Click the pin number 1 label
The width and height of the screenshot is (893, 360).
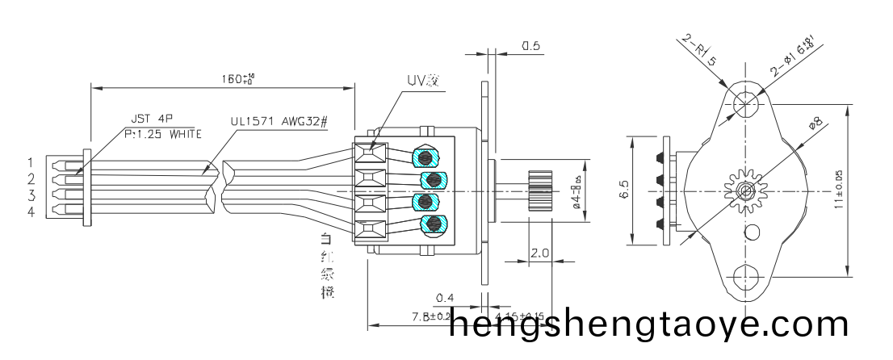31,163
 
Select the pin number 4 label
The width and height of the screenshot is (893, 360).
31,211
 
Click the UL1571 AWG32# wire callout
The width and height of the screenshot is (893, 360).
279,121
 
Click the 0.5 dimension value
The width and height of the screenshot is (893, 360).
530,46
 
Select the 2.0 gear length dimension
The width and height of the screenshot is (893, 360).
539,253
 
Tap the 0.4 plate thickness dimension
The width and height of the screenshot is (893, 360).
444,299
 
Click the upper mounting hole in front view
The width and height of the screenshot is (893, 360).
744,103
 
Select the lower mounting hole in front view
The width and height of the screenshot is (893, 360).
744,278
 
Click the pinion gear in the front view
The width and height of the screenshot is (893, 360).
744,190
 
